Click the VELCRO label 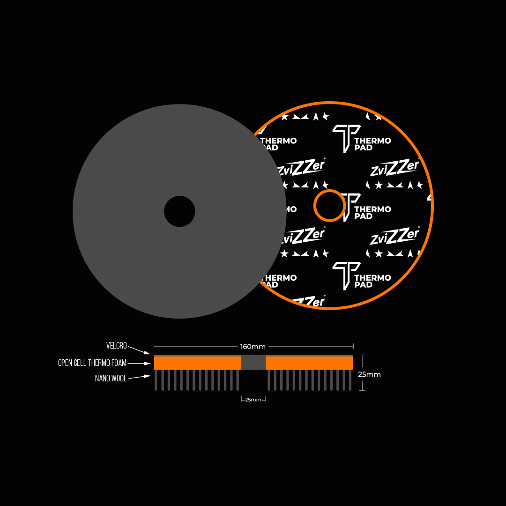point(116,346)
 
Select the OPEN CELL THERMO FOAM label point(92,363)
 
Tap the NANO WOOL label point(111,379)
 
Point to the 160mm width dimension point(253,347)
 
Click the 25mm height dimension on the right point(369,375)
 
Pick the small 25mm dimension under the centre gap point(253,400)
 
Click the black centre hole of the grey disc point(179,211)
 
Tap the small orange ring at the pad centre point(329,206)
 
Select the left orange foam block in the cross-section point(197,363)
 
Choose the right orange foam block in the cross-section point(309,363)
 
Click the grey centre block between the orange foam point(253,362)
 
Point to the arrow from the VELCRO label point(139,350)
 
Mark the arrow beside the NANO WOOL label point(139,377)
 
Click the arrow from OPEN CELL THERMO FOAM point(139,363)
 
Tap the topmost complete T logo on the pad point(346,138)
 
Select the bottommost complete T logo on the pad point(346,275)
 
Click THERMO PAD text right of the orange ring point(372,213)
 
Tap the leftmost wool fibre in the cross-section point(156,380)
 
